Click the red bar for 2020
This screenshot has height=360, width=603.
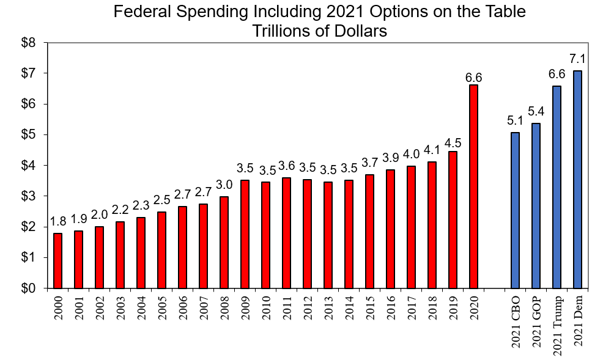point(473,186)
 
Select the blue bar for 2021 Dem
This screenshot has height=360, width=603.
point(577,179)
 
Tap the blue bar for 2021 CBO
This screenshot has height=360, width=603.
point(515,210)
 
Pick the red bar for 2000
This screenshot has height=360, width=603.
point(57,260)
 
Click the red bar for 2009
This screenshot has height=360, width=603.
point(245,234)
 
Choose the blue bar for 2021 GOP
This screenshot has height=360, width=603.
point(536,205)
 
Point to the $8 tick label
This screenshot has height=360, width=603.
point(29,43)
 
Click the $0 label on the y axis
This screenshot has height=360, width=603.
point(29,288)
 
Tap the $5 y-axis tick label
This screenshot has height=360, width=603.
point(29,135)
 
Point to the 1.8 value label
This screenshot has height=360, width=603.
point(57,221)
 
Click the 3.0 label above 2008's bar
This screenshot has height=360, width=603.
point(224,184)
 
